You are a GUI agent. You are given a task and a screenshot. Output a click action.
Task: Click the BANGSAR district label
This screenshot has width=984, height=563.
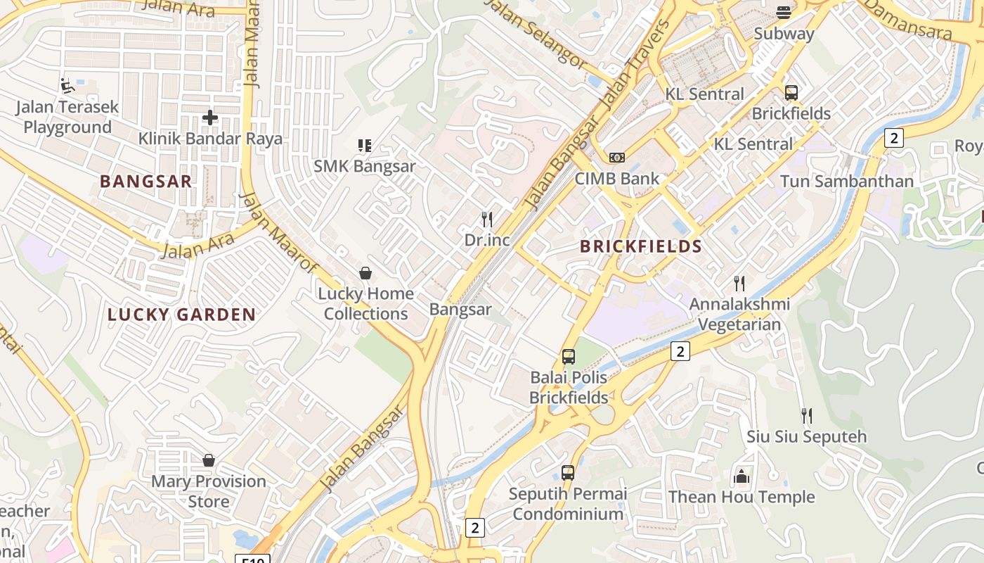[145, 182]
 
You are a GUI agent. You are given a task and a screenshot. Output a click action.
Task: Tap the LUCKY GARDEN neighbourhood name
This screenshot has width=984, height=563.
[181, 315]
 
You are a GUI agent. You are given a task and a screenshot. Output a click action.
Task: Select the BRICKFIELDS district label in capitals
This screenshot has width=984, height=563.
[641, 246]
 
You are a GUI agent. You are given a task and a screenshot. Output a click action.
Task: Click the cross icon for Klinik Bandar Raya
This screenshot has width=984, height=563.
[209, 118]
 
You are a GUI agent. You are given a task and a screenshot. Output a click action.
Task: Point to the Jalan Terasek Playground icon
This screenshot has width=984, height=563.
[67, 86]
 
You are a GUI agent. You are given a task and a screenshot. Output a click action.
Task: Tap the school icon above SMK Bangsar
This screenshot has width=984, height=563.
[364, 146]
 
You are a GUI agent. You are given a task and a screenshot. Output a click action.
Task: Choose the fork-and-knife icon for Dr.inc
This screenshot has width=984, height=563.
[487, 220]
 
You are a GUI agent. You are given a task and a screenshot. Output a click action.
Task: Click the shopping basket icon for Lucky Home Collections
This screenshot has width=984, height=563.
[365, 273]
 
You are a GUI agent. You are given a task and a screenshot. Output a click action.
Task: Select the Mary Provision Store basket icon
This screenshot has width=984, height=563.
[209, 461]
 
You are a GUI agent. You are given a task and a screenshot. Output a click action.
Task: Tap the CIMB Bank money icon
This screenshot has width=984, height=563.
[616, 158]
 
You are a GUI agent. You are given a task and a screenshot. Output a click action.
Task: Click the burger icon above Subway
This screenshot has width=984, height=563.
[784, 12]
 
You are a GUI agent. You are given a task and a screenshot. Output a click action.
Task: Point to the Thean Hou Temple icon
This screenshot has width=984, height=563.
[741, 477]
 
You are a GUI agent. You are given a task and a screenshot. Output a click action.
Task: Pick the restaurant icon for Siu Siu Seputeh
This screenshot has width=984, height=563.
[806, 416]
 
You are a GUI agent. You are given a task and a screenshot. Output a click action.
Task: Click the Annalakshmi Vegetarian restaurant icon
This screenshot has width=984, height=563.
[739, 284]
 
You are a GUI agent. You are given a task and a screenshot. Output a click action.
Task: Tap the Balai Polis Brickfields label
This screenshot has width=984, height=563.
[569, 388]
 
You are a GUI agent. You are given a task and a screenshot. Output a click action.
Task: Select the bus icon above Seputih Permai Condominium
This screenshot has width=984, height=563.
[567, 473]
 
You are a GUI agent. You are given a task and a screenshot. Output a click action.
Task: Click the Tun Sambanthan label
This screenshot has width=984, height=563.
[846, 182]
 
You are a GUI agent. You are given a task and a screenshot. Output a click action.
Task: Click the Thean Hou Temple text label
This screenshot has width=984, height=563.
[741, 497]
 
